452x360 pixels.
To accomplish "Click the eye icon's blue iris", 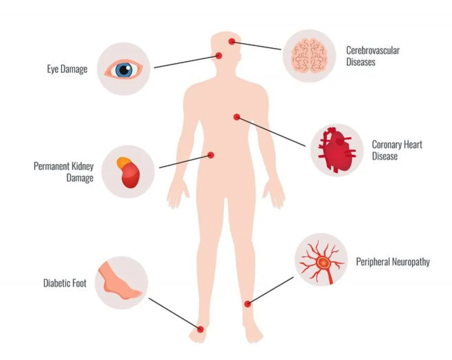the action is point(124,70).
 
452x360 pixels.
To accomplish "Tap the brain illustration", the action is point(309,56).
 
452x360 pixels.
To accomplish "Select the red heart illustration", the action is point(336,150).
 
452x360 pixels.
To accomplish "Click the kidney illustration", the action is point(129,172).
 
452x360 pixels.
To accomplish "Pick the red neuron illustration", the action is point(322,262).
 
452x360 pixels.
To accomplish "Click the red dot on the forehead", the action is point(232,41).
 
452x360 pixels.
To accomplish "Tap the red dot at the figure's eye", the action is point(219,55).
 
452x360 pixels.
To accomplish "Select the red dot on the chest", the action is point(236,117).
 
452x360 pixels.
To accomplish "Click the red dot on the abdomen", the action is point(211,155).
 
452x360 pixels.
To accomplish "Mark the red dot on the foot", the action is point(200,329).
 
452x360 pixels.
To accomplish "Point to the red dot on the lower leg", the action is point(247,303).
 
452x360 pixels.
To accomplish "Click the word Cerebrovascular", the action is point(373,50).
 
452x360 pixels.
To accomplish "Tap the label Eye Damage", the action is point(67,69).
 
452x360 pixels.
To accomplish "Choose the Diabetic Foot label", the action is point(65,283).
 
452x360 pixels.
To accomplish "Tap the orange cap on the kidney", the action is point(123,163).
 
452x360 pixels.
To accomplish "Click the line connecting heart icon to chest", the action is point(271,131).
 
